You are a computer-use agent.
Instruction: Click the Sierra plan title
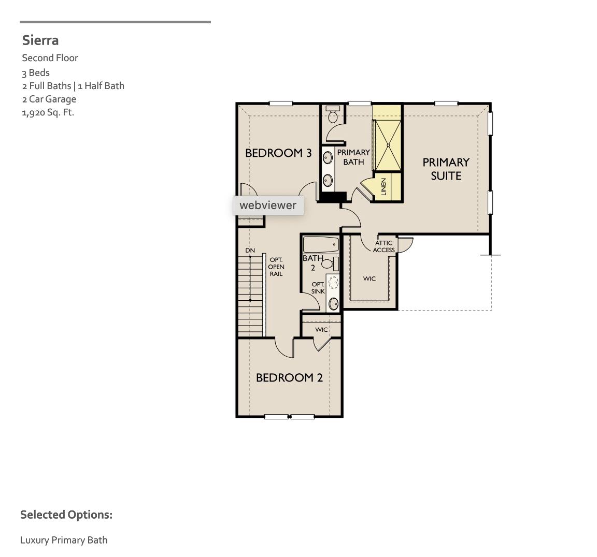point(40,40)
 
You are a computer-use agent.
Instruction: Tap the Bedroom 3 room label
point(278,153)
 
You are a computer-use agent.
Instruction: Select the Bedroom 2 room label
point(289,378)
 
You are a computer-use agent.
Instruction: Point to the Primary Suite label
point(446,169)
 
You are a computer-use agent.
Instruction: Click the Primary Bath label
point(353,157)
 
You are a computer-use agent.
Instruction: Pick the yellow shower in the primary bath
point(388,144)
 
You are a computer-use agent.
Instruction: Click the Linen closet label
point(384,187)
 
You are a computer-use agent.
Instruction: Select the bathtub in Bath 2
point(320,244)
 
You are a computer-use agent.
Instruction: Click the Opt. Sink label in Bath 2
point(318,288)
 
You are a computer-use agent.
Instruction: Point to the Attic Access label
point(384,246)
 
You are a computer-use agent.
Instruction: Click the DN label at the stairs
point(250,251)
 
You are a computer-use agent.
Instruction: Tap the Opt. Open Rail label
point(276,267)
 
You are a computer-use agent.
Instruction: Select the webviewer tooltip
point(268,206)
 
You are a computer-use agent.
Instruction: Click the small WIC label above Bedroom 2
point(321,330)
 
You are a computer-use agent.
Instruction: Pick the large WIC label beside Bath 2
point(369,278)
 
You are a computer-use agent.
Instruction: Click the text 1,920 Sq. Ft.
point(48,112)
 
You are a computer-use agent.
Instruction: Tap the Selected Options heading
point(66,515)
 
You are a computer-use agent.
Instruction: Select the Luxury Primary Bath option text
point(64,540)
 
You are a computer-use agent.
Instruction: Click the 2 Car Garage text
point(49,99)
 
